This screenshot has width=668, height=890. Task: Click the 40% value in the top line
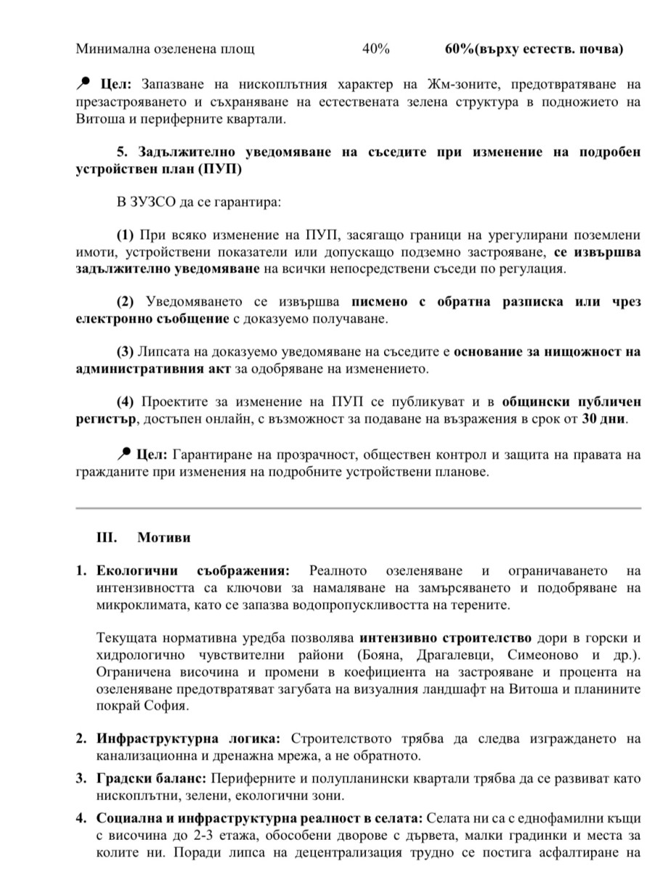click(x=375, y=49)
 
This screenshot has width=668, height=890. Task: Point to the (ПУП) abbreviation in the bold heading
click(x=219, y=169)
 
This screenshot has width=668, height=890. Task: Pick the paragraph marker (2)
click(x=126, y=301)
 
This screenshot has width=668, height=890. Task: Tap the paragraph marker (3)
click(x=126, y=352)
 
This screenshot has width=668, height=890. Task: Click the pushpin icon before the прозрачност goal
click(x=123, y=454)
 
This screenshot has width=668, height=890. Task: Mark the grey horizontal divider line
click(x=359, y=508)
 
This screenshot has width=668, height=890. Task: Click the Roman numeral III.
click(x=107, y=538)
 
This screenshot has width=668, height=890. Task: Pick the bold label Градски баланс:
click(x=152, y=778)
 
